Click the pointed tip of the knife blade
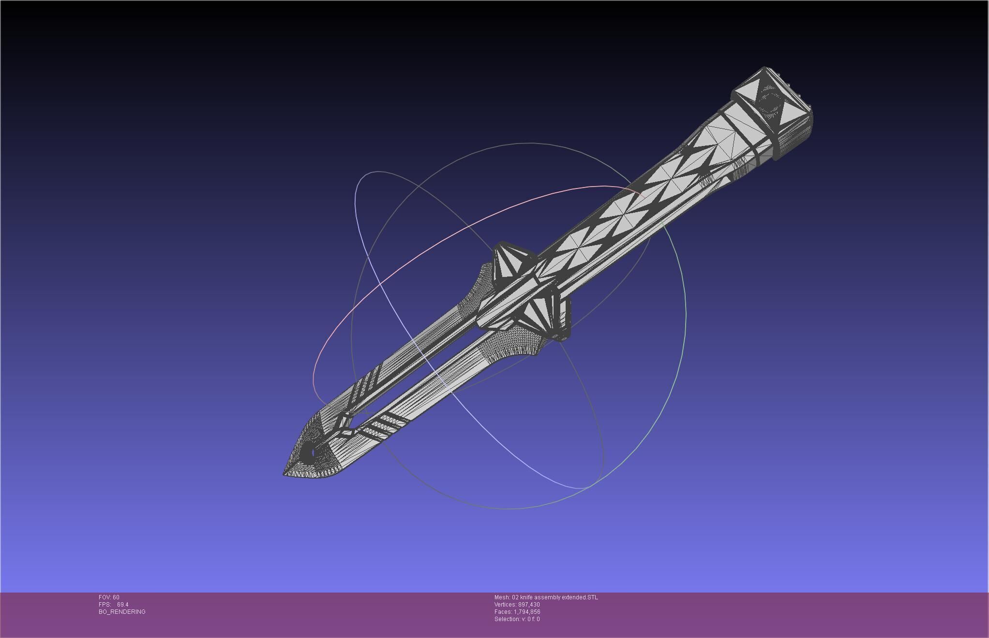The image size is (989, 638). click(x=285, y=474)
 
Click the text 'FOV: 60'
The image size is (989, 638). click(x=109, y=597)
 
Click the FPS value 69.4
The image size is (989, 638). click(x=122, y=605)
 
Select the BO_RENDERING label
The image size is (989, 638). click(x=122, y=612)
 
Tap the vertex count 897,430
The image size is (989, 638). click(x=529, y=605)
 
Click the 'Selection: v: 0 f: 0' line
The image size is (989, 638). click(x=517, y=619)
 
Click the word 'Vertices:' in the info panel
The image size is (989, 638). click(x=505, y=605)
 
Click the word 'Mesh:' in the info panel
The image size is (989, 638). click(x=502, y=597)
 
